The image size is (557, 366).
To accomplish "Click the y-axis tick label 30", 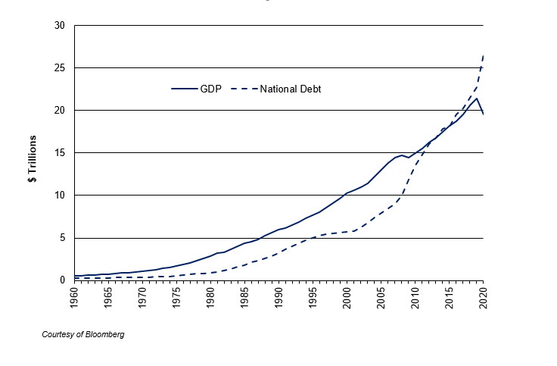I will click(60, 26).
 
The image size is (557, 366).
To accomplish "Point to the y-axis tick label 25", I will click(60, 68).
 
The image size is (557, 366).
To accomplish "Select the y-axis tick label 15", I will click(60, 153).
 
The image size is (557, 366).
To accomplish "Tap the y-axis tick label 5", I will click(62, 238).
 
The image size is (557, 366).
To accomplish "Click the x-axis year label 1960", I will click(75, 297).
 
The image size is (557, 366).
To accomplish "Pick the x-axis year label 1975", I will click(177, 297).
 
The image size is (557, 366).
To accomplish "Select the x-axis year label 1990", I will click(279, 297).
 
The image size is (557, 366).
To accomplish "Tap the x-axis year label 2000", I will click(347, 297).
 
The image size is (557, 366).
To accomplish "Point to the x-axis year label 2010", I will click(415, 297).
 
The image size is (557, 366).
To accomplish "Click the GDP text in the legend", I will click(210, 89).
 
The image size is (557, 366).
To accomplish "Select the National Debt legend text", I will click(291, 89).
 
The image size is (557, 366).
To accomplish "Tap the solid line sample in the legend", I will click(183, 89).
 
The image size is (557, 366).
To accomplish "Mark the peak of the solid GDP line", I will click(477, 99).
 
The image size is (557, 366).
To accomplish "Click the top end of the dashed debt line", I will click(484, 55).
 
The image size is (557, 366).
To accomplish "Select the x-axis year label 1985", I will click(245, 297).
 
